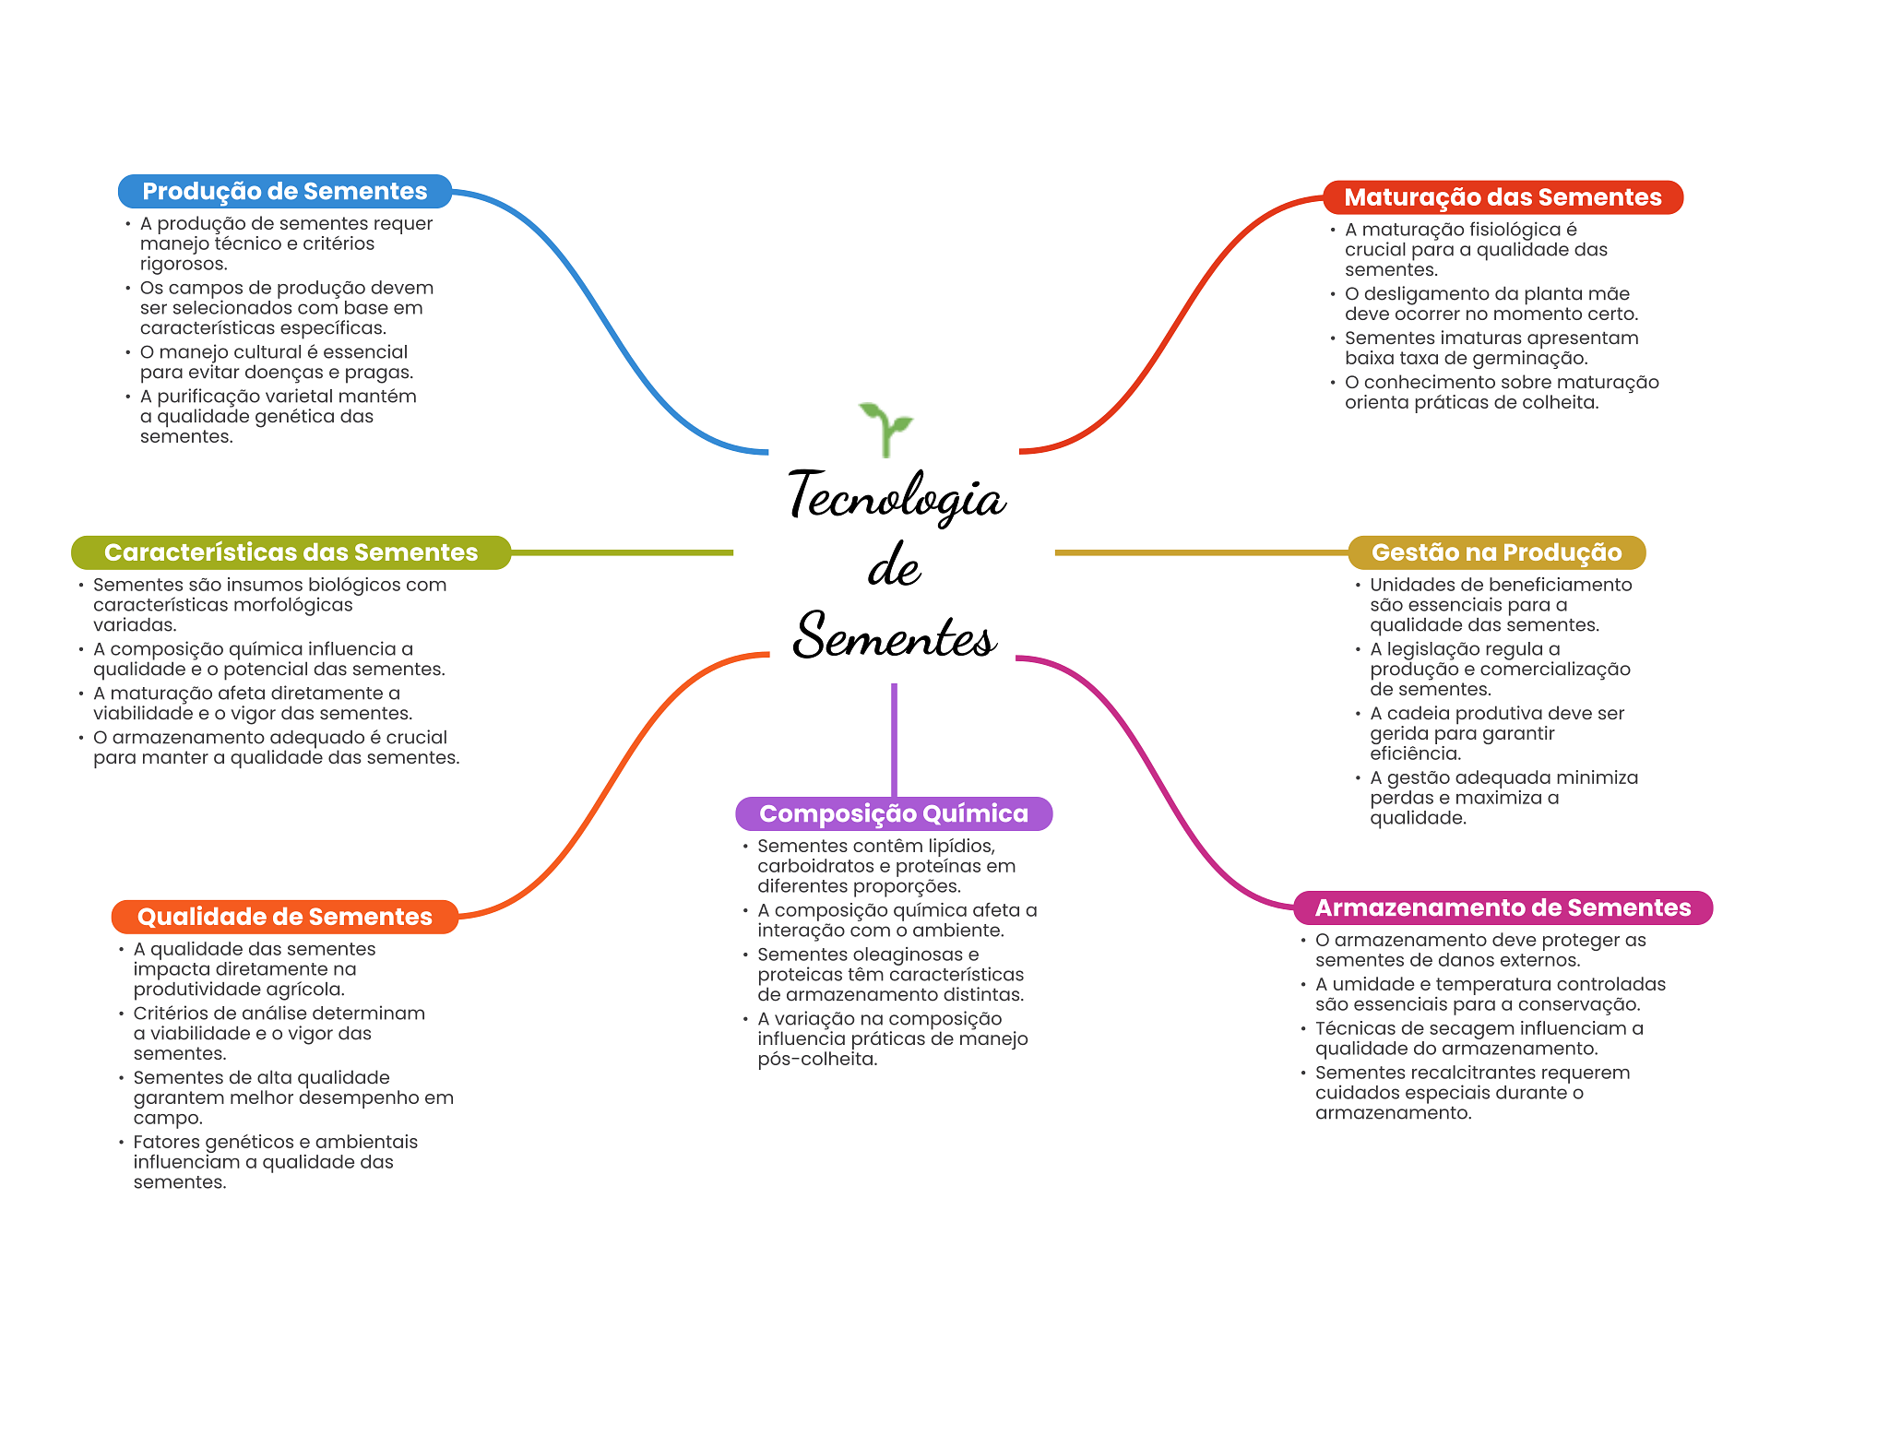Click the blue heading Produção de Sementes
coord(284,191)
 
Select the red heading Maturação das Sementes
coord(1502,197)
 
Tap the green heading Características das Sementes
coord(291,552)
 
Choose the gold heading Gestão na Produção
coord(1496,552)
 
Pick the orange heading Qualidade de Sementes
coord(284,917)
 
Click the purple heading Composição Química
coord(893,813)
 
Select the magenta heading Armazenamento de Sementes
coord(1502,907)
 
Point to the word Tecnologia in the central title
coord(897,496)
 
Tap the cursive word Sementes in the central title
coord(895,636)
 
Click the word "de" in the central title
coord(894,566)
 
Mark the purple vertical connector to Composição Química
coord(894,738)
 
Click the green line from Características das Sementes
coord(623,552)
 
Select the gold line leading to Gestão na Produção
coord(1199,552)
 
